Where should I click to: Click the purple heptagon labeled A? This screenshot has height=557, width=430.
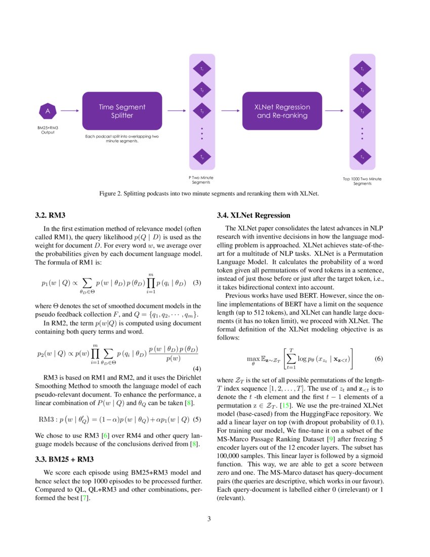tap(48, 111)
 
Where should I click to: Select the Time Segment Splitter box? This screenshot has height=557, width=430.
tap(121, 111)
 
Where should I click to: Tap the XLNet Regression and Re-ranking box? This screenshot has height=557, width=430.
tap(282, 111)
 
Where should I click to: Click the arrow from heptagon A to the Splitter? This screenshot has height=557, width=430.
tap(70, 111)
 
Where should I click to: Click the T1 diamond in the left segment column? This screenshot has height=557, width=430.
tap(202, 68)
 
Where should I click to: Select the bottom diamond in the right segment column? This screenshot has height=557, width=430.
tap(362, 157)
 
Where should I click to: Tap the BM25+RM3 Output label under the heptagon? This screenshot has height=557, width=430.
tap(48, 130)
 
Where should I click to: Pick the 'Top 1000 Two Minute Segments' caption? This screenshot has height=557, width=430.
tap(362, 181)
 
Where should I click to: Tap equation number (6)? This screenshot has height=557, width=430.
tap(379, 359)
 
